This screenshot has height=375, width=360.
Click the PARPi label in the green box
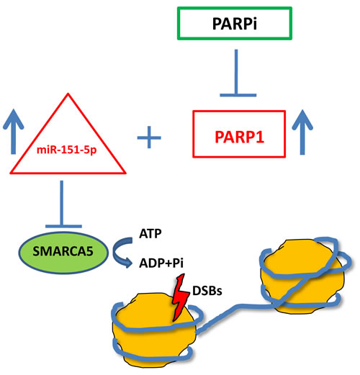pos(235,24)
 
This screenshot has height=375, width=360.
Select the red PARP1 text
pos(239,137)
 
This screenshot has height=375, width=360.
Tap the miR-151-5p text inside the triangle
pos(66,150)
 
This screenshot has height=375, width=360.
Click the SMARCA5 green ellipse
pos(63,252)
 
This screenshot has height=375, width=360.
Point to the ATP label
pos(150,233)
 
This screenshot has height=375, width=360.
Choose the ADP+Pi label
pos(161,263)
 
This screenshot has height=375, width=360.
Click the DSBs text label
pos(207,291)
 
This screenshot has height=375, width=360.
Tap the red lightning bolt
pos(181,297)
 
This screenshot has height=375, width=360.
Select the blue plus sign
pos(149,137)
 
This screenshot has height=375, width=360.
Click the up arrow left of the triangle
pos(14,132)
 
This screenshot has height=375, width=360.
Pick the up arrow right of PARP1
pos(302,132)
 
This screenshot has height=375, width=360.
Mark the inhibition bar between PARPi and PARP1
pos(237,73)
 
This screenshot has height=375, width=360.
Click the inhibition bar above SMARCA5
pos(62,204)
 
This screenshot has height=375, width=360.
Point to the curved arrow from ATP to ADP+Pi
pos(117,252)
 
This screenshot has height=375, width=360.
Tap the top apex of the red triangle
pos(68,94)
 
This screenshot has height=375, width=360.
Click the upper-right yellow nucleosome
pos(302,276)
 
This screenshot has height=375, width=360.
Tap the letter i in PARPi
pos(254,24)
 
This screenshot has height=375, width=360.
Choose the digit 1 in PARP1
pos(260,137)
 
